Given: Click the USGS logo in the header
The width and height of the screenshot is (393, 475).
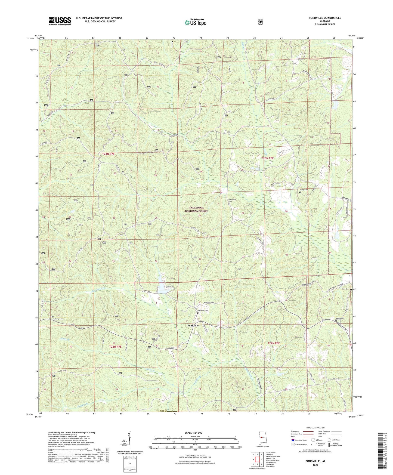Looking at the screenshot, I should tap(60, 21).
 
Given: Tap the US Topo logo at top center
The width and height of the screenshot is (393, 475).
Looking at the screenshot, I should tap(195, 22).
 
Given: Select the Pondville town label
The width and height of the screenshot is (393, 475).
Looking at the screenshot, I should tap(193, 325).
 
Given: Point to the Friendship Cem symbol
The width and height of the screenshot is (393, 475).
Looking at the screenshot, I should tap(228, 204).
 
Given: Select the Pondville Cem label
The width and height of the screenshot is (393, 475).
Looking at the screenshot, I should tap(202, 310).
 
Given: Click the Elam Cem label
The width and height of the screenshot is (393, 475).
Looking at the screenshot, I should tap(345, 289).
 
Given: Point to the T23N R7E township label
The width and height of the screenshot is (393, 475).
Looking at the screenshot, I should tap(108, 155).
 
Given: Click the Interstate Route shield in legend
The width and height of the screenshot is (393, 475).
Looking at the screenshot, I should tap(293, 447).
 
